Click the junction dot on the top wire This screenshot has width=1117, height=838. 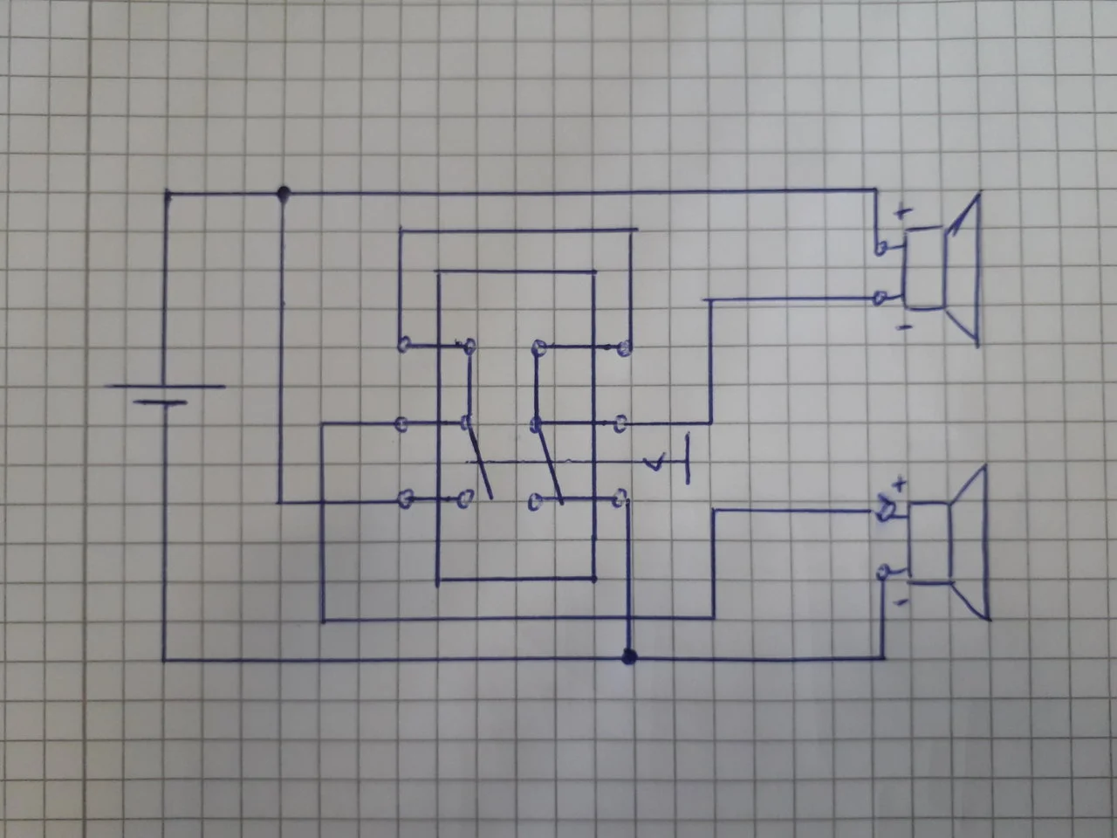282,192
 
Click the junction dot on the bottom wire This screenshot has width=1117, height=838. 627,656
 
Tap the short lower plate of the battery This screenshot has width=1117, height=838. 162,403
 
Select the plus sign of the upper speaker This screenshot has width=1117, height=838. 902,211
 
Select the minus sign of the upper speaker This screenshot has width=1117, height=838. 904,327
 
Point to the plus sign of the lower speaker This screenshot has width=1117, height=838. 901,483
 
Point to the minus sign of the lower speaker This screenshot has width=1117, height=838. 902,602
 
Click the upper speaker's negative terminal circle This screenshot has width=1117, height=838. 881,299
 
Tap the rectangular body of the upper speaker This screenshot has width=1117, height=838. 923,268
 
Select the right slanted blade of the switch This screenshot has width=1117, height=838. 548,461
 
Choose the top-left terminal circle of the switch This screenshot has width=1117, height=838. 403,345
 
